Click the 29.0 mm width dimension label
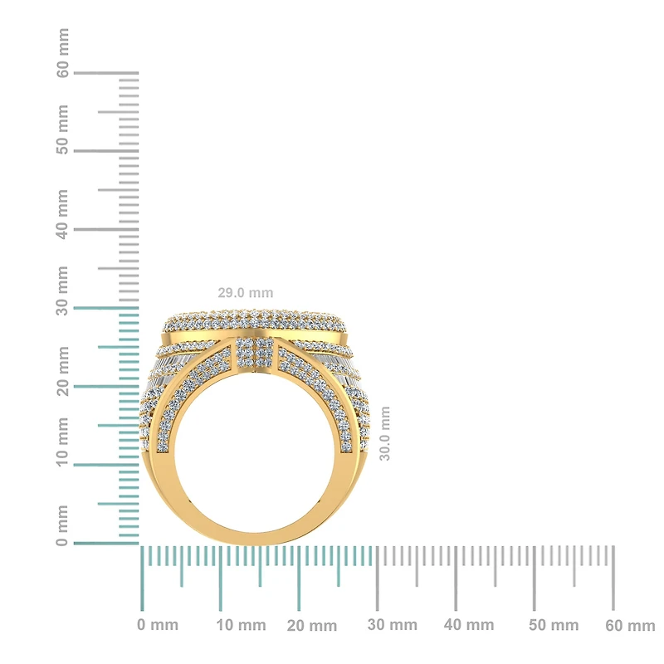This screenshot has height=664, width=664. (244, 293)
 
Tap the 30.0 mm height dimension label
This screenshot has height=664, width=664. (384, 433)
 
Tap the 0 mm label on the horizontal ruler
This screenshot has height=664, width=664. (158, 625)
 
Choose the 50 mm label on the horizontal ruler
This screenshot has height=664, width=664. (549, 625)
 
